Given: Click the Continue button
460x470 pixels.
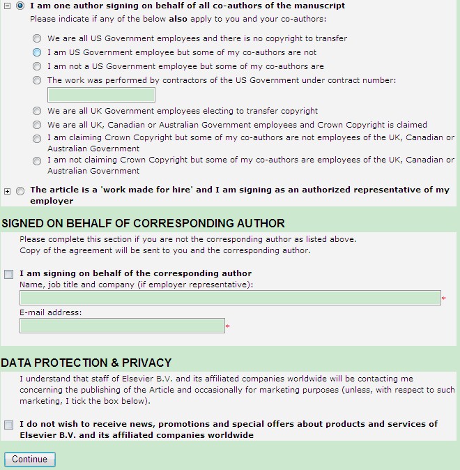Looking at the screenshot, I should click(29, 460).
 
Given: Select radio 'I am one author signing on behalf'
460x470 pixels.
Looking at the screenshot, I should click(20, 6).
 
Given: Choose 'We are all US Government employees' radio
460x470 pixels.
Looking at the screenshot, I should click(37, 39).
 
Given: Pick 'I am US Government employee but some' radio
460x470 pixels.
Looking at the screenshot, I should click(37, 53).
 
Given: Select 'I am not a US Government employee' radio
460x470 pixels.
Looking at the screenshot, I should click(37, 67).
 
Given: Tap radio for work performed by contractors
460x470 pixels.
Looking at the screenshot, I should click(37, 81).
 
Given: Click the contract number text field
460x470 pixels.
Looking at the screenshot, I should click(101, 95).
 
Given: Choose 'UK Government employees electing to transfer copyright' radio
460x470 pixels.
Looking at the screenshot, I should click(37, 111).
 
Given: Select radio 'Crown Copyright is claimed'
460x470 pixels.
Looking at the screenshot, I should click(37, 126).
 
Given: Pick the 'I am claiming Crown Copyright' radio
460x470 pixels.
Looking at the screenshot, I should click(37, 139).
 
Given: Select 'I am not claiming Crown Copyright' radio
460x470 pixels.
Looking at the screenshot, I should click(37, 161).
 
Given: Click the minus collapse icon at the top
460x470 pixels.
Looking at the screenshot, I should click(7, 6).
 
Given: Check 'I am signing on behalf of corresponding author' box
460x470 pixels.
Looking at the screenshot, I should click(8, 274).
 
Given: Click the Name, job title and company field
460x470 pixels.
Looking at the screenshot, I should click(230, 298).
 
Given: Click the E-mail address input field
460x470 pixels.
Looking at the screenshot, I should click(122, 326).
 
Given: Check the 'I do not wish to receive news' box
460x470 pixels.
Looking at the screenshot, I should click(8, 425).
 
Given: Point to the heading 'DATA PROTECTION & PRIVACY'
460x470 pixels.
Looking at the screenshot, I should click(86, 363).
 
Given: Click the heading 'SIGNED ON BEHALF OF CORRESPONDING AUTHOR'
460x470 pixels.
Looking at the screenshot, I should click(143, 223).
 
